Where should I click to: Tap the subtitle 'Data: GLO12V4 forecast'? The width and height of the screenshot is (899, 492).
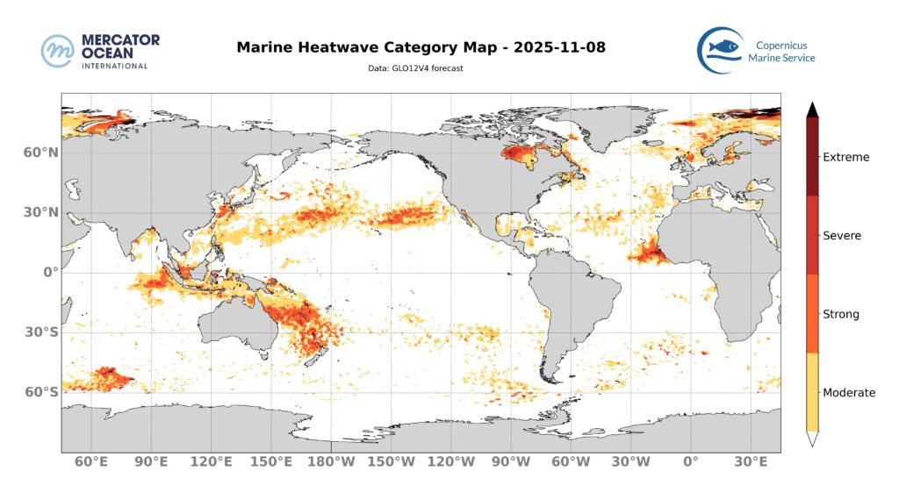click(414, 68)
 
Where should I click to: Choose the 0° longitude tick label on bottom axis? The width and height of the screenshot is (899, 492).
click(690, 462)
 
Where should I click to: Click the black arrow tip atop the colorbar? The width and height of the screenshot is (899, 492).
click(813, 109)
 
